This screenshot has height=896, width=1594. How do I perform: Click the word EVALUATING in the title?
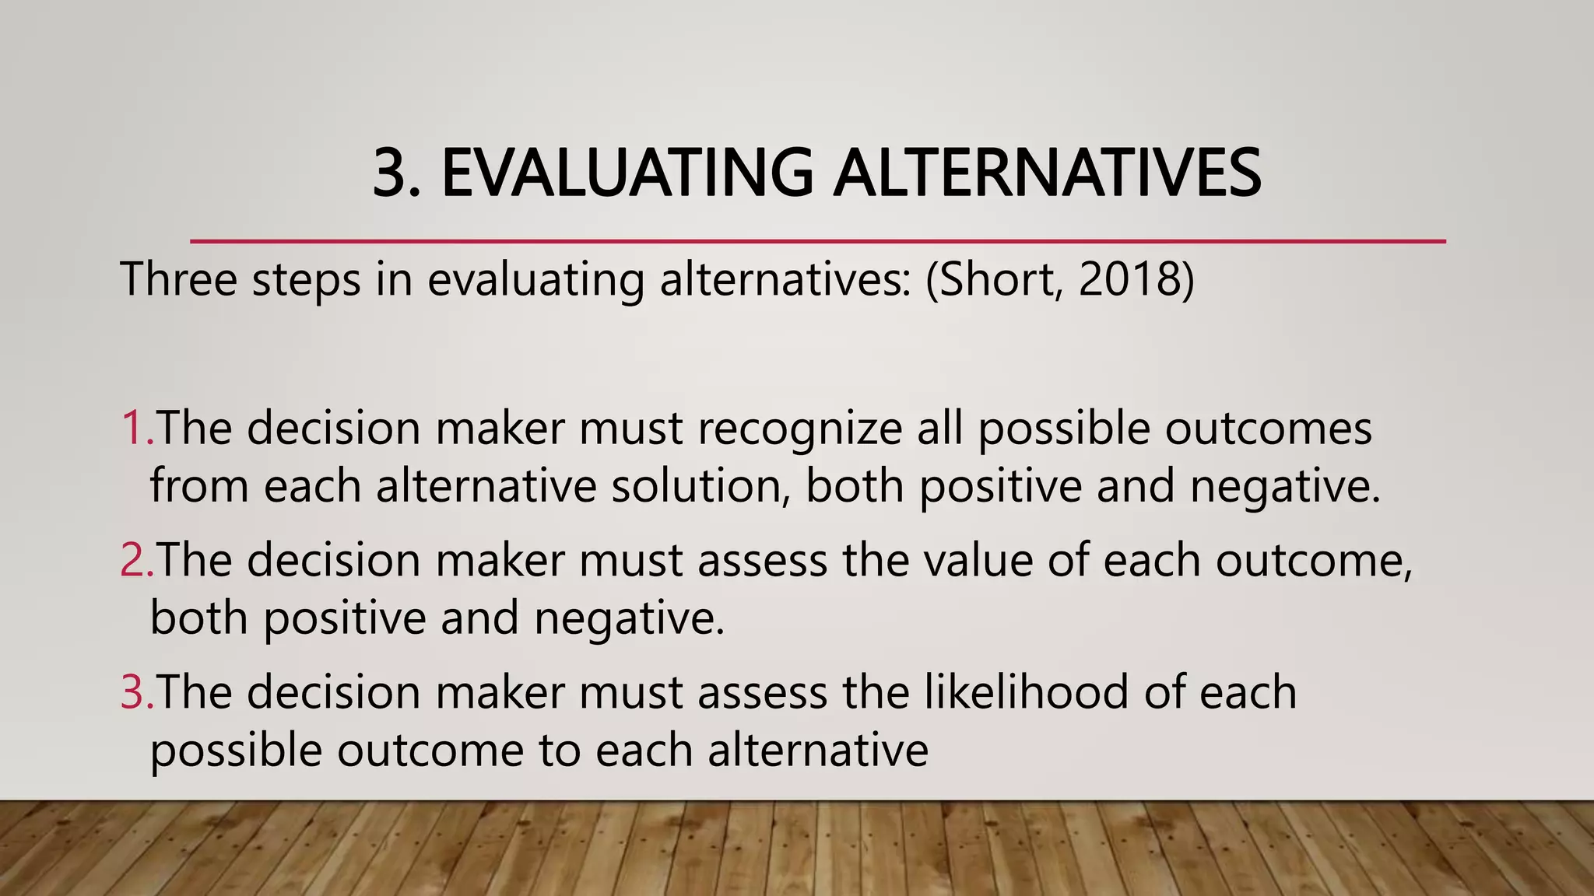click(627, 173)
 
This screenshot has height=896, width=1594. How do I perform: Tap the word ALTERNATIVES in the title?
click(1047, 173)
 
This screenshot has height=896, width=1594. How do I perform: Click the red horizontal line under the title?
click(817, 242)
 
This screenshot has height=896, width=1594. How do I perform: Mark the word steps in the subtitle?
click(306, 280)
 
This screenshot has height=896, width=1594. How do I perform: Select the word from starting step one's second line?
click(200, 486)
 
